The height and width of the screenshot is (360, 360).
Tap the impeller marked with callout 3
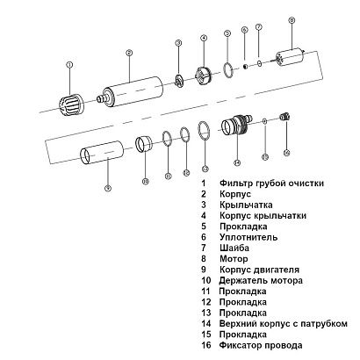click(179, 80)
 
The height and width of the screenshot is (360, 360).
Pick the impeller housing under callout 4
click(204, 74)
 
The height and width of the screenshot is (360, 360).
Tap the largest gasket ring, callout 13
click(204, 131)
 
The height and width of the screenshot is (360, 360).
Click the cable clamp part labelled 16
click(283, 115)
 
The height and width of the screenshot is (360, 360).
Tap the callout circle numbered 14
click(236, 162)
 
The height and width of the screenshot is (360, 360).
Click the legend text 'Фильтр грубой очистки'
click(273, 184)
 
